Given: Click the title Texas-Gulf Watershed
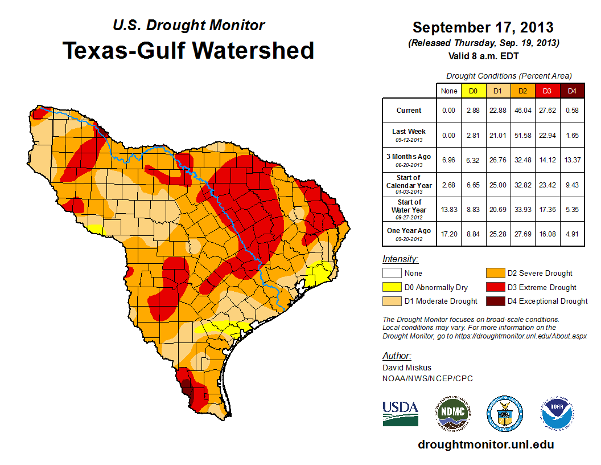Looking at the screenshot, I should click(188, 50).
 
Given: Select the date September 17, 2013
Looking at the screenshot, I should click(483, 27).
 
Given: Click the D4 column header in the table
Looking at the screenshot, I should click(573, 91).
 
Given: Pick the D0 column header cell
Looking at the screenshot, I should click(473, 91).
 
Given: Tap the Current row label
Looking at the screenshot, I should click(409, 111).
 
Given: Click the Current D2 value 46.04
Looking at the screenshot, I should click(522, 111).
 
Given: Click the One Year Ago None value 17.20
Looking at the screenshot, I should click(448, 233).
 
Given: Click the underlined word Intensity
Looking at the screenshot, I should click(400, 259).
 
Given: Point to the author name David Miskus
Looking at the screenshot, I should click(407, 368).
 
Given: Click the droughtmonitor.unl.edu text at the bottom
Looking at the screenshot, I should click(485, 444).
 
